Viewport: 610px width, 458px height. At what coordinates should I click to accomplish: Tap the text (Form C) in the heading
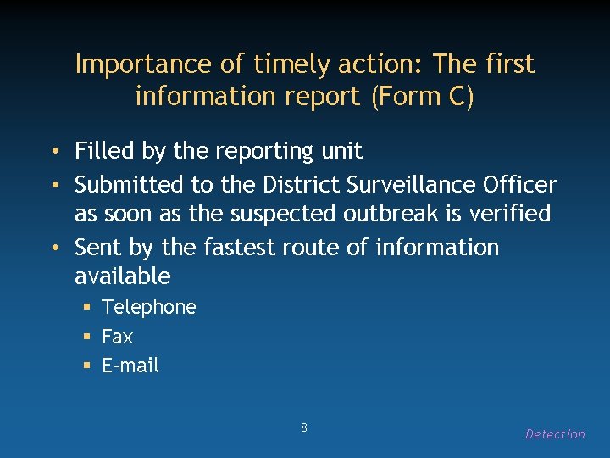(x=422, y=97)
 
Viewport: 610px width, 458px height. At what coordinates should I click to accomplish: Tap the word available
(x=122, y=276)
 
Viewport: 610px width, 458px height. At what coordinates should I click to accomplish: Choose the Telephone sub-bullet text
(x=148, y=307)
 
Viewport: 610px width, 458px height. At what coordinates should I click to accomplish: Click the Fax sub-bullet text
(x=117, y=337)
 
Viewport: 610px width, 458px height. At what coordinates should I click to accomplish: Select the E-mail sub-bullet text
(x=130, y=366)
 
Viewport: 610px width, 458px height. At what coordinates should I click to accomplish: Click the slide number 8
(x=304, y=427)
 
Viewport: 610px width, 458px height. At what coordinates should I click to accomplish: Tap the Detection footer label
(x=555, y=434)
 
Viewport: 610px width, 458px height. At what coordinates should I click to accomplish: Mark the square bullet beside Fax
(x=86, y=337)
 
